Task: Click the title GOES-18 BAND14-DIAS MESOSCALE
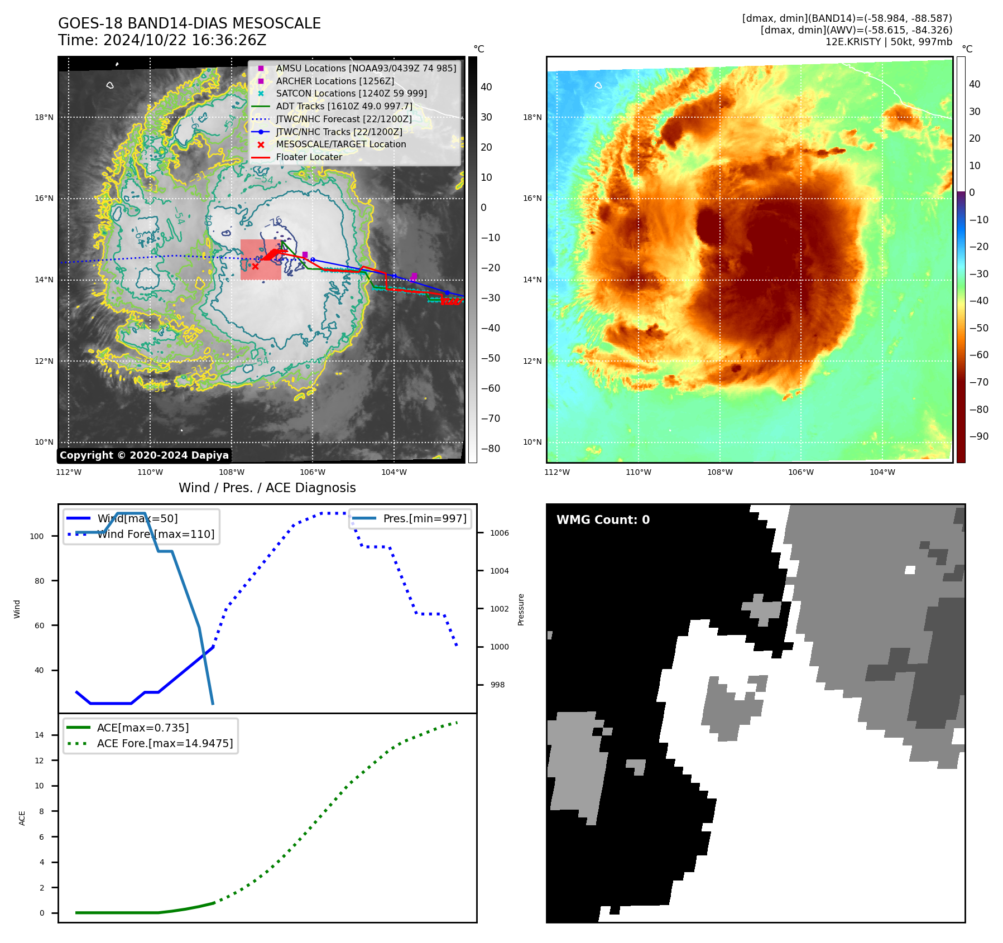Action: [x=189, y=23]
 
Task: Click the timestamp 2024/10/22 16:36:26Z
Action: [x=185, y=41]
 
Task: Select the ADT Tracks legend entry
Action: [x=344, y=106]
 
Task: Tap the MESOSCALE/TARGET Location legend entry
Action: [x=340, y=144]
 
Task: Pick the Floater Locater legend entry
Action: [x=309, y=157]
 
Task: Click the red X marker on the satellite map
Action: [x=255, y=266]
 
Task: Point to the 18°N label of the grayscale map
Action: [x=44, y=117]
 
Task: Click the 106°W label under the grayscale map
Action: [x=313, y=472]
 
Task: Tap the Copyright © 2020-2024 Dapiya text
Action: [x=144, y=455]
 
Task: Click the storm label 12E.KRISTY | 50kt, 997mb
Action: [x=889, y=42]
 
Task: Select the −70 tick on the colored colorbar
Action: [x=978, y=382]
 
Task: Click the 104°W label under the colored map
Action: [x=882, y=472]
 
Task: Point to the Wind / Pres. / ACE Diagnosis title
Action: [x=267, y=488]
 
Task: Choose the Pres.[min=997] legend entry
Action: [x=424, y=518]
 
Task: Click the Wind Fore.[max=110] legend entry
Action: [x=156, y=534]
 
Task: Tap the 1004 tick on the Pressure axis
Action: [x=499, y=571]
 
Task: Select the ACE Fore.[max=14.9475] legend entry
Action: [x=165, y=743]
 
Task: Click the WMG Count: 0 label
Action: [x=603, y=520]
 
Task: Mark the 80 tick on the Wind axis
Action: [x=39, y=581]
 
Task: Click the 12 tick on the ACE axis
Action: [x=39, y=761]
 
